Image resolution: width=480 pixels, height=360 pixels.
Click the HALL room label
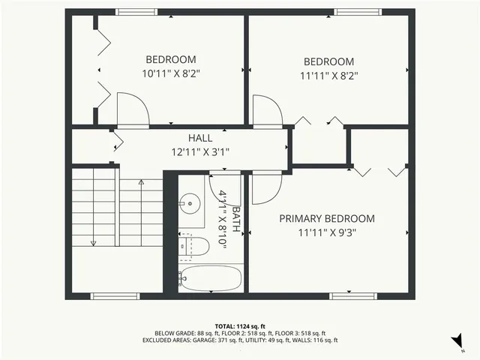coord(199,138)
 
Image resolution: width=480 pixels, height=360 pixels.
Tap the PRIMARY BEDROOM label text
coord(327,218)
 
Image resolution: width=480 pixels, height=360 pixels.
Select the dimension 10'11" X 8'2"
coord(171,73)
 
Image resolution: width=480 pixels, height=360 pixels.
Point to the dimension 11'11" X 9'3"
coord(327,232)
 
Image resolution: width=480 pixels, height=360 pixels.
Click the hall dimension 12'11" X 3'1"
coord(199,151)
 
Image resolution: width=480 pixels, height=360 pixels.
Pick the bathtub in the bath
coord(211,278)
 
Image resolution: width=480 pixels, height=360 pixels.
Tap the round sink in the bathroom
coord(190,201)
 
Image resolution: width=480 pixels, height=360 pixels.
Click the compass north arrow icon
coord(455,342)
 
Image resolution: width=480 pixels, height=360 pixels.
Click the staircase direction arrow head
coord(94,242)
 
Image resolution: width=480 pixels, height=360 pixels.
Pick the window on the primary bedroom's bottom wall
coord(352,295)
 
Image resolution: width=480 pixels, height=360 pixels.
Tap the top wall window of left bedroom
coord(136,12)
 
